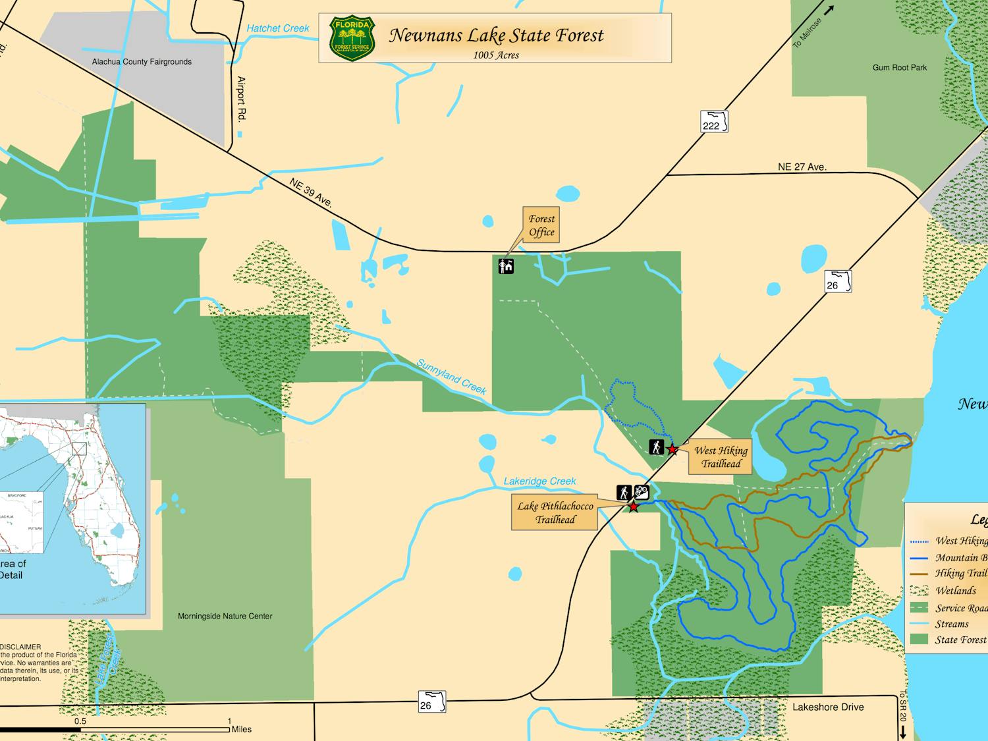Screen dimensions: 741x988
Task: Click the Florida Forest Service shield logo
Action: [352, 39]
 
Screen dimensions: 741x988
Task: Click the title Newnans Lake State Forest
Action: [496, 36]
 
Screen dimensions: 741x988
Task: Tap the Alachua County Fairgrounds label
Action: [142, 62]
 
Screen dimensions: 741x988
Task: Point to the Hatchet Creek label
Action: [277, 28]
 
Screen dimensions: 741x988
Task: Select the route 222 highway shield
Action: [714, 123]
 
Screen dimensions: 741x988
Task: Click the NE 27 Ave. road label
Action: [802, 167]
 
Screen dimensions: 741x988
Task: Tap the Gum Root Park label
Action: [899, 68]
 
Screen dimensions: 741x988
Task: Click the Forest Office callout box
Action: [541, 225]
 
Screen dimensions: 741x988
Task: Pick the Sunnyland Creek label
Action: [451, 377]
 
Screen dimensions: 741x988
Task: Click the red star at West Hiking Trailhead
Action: [672, 449]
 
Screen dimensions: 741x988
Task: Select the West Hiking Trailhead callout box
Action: [721, 457]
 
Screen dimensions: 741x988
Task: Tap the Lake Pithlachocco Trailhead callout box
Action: [555, 512]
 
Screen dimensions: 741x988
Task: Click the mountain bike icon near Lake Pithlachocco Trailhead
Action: [642, 492]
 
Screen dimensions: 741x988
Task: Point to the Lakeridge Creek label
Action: [539, 481]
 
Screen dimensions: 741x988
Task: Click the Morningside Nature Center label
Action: [225, 617]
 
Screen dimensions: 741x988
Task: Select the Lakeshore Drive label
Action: [828, 707]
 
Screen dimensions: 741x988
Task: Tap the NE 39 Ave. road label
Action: [310, 192]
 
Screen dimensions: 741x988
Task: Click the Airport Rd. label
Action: [241, 99]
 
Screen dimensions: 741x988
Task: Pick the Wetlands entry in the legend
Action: [956, 591]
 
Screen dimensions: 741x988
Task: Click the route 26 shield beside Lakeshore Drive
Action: [431, 702]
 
